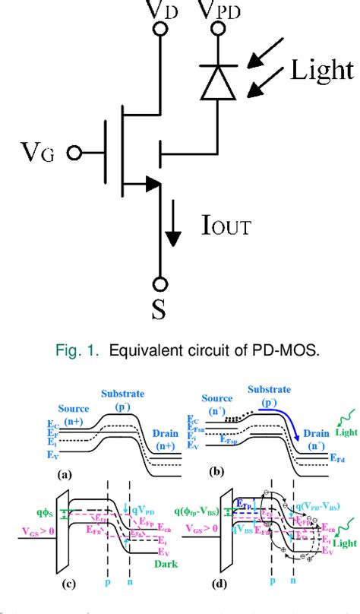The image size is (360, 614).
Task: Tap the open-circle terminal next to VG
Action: (x=74, y=153)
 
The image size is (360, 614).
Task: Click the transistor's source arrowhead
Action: (x=152, y=183)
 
